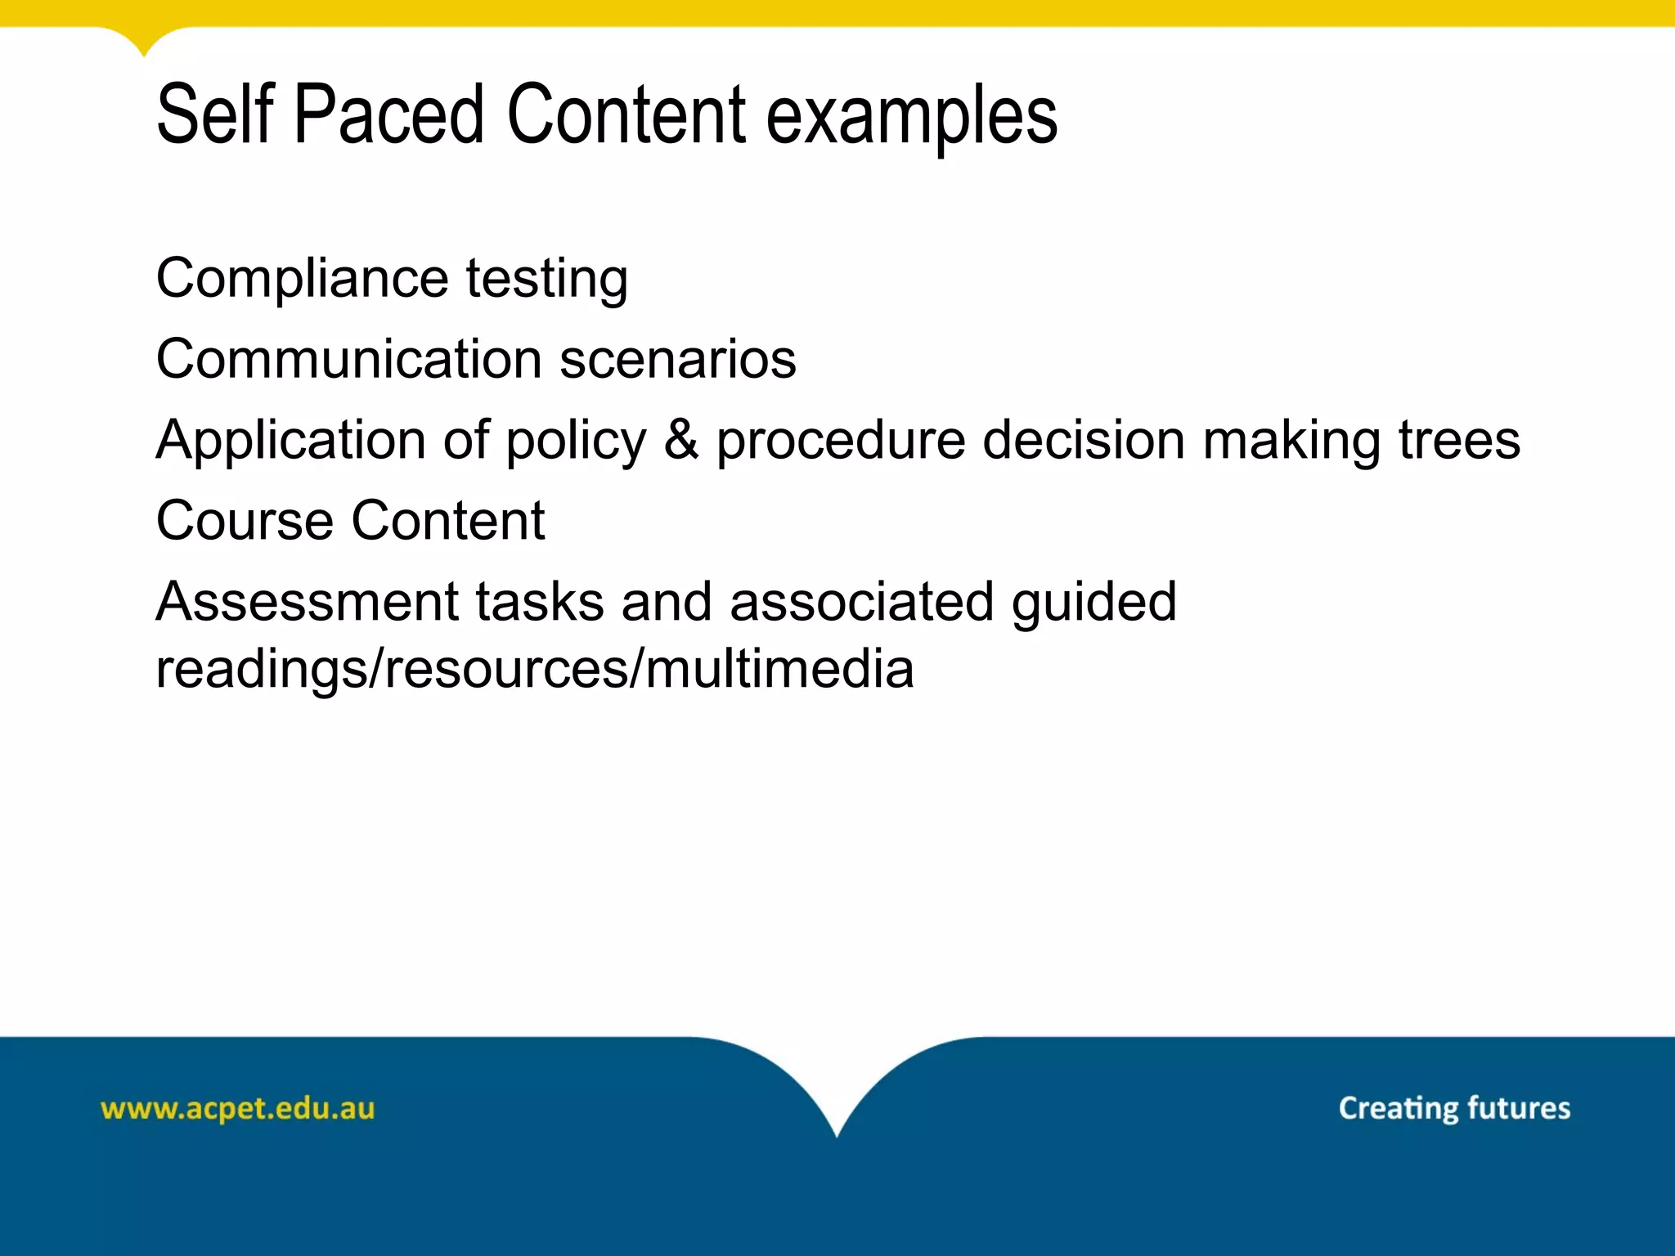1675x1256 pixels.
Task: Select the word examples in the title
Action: [x=911, y=119]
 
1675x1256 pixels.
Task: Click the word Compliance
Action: [x=302, y=280]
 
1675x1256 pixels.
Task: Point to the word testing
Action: [x=547, y=280]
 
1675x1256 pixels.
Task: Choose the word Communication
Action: [x=349, y=359]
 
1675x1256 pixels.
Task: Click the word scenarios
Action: [x=678, y=359]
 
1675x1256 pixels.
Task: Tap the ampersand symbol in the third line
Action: [x=681, y=440]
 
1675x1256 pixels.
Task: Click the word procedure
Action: [x=841, y=442]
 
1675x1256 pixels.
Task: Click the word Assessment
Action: [x=308, y=602]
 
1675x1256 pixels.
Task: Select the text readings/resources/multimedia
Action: [x=535, y=670]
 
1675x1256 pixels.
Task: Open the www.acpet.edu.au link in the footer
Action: [x=237, y=1109]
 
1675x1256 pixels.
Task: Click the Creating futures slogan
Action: [x=1454, y=1108]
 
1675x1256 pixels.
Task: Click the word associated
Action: [x=861, y=602]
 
